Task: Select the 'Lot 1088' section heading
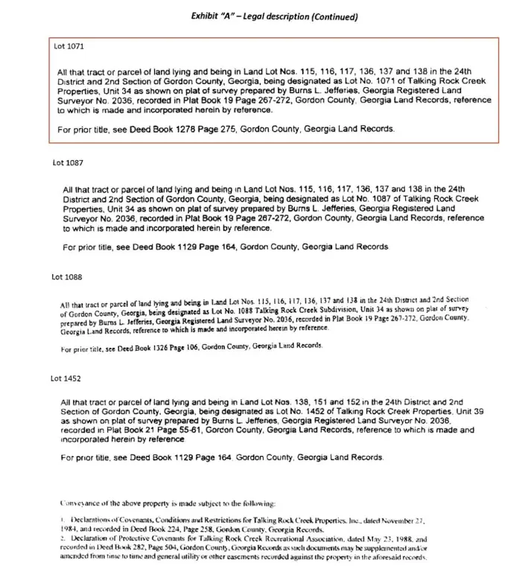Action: [66, 277]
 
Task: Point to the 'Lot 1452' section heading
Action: [66, 378]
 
